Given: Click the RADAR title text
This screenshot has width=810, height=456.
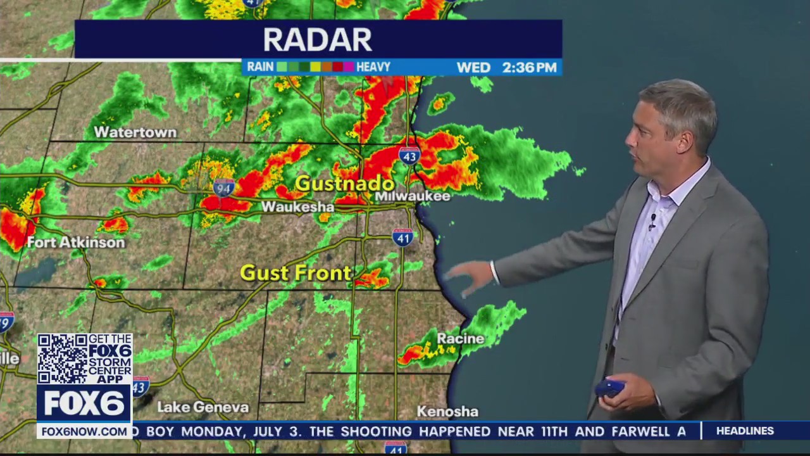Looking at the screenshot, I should click(x=318, y=39).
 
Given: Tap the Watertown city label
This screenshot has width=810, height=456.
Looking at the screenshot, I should click(x=135, y=132).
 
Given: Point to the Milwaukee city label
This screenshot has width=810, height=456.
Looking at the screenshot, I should click(x=413, y=196).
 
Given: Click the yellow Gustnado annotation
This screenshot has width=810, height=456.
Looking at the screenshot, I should click(x=345, y=184).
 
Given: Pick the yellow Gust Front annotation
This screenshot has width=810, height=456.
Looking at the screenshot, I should click(x=296, y=273).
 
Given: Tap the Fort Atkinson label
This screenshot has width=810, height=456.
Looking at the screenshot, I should click(x=76, y=243).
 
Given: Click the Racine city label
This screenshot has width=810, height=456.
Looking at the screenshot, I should click(x=461, y=339).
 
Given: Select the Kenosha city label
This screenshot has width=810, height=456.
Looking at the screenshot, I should click(x=447, y=412).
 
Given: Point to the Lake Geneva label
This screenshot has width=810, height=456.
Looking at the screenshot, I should click(x=202, y=407).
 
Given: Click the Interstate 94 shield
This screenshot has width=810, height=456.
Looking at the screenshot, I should click(x=224, y=187).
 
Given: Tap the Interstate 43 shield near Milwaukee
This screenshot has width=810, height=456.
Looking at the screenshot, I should click(x=409, y=155).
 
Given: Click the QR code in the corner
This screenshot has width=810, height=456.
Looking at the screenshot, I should click(x=61, y=358).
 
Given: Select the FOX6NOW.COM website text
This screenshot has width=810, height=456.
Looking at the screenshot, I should click(x=84, y=431).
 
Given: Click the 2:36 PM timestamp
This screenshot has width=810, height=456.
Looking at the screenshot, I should click(x=529, y=67).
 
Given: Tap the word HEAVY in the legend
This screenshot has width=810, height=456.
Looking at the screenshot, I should click(x=373, y=66).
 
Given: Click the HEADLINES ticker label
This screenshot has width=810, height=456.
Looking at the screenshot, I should click(x=745, y=431).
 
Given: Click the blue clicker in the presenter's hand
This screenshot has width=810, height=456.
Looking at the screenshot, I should click(x=609, y=388).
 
